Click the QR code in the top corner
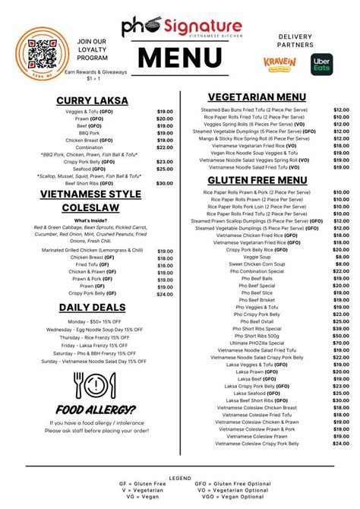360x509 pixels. point(41,43)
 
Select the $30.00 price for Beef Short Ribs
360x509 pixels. point(165,183)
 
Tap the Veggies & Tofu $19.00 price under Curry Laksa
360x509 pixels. point(165,112)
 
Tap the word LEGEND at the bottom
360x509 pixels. point(180,477)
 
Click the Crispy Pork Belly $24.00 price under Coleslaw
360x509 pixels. point(165,294)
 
